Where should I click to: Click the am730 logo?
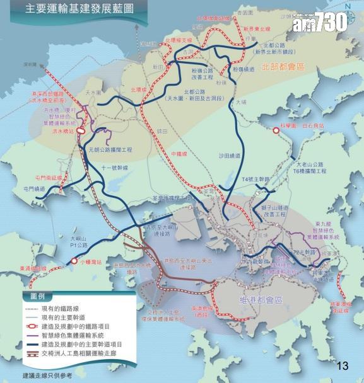click(x=319, y=23)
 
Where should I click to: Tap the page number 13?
click(x=343, y=365)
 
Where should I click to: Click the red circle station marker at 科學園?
click(x=276, y=130)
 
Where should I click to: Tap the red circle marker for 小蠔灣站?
click(x=74, y=260)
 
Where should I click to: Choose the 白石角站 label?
click(x=312, y=126)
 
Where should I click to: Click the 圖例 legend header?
click(x=33, y=296)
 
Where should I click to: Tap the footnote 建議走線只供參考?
click(x=47, y=375)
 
